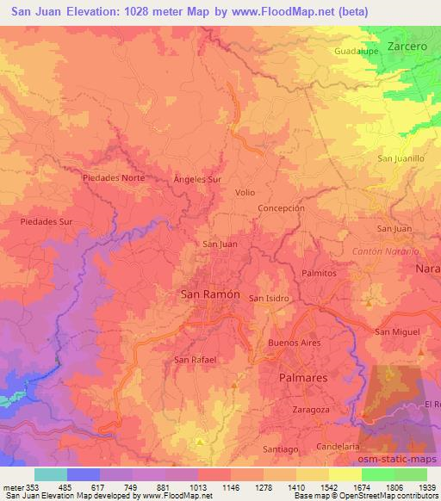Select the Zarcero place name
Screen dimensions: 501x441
click(x=408, y=46)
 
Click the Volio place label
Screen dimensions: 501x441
click(x=245, y=194)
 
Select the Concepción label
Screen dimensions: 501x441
click(x=282, y=208)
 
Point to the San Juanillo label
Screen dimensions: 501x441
click(x=401, y=158)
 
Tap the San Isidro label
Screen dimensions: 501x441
click(x=269, y=298)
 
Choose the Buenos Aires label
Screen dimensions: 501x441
click(x=294, y=343)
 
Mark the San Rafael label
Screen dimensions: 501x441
click(x=194, y=359)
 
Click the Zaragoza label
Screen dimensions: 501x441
click(x=312, y=409)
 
